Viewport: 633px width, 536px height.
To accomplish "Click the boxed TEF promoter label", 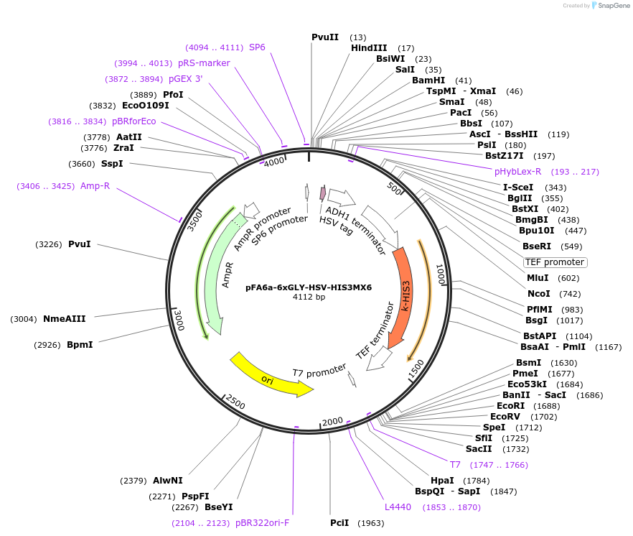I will click(554, 262).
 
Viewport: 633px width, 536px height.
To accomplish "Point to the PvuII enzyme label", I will click(325, 37).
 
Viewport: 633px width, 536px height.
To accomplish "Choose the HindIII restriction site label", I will click(369, 48).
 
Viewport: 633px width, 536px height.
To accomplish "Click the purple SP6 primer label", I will click(257, 47).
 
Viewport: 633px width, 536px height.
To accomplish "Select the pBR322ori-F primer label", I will click(262, 522).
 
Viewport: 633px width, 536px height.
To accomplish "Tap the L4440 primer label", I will click(398, 507).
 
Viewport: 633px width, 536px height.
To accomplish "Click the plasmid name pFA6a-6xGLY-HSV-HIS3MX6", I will click(309, 287).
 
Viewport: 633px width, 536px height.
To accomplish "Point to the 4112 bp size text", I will click(309, 297).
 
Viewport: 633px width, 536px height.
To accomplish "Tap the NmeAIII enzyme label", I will click(65, 319).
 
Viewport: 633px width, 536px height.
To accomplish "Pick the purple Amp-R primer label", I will click(95, 186).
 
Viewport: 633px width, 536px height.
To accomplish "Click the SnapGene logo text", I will click(611, 6).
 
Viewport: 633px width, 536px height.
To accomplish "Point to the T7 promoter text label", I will click(319, 371).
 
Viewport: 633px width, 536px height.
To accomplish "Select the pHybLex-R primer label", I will click(517, 172).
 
